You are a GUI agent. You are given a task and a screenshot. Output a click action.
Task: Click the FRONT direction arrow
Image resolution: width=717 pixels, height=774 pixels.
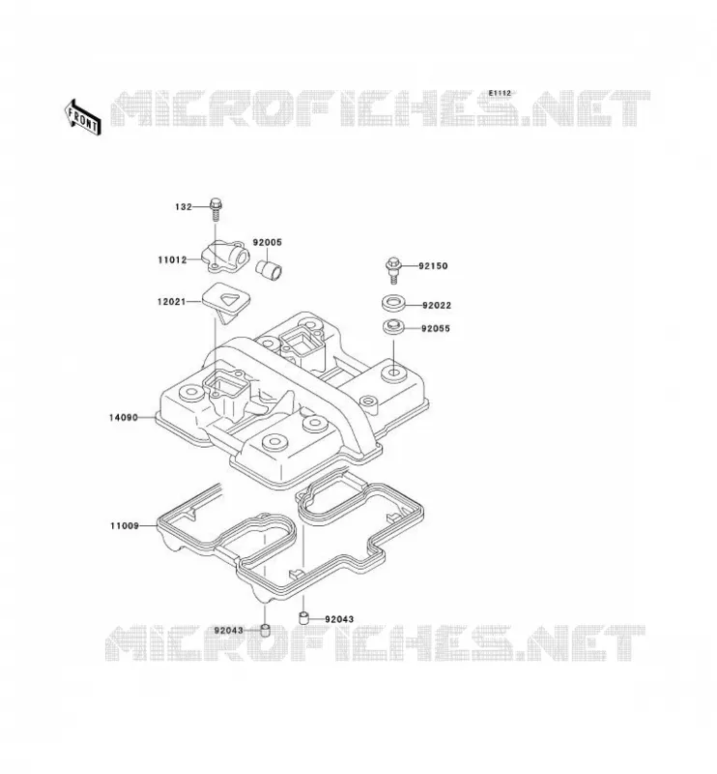[83, 117]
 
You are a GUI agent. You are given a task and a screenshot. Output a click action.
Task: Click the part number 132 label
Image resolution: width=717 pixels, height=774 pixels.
[183, 207]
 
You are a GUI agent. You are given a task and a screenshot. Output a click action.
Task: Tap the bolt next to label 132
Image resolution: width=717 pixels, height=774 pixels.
[216, 210]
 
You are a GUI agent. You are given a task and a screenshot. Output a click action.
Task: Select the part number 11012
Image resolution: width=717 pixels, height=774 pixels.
[172, 259]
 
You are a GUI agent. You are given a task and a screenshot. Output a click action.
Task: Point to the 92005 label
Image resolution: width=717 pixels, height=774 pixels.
[268, 243]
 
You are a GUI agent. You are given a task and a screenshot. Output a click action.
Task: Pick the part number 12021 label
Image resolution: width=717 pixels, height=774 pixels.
[172, 301]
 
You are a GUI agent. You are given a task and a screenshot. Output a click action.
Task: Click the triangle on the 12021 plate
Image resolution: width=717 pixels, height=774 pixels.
[229, 300]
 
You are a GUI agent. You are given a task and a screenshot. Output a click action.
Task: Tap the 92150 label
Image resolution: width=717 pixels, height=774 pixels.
[433, 266]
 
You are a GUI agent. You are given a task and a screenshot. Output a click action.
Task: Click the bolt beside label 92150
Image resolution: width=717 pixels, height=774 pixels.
[393, 270]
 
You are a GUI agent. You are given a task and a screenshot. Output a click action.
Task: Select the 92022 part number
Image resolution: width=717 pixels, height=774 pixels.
[437, 306]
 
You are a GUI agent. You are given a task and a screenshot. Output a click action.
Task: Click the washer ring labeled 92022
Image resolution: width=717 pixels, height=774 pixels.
[394, 303]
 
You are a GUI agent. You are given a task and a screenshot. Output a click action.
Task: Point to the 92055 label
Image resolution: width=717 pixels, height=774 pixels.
[436, 329]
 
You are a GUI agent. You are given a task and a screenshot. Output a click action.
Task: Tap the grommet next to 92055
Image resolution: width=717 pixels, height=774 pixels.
[394, 327]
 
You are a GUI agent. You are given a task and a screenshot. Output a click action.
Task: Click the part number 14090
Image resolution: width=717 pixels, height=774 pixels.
[124, 418]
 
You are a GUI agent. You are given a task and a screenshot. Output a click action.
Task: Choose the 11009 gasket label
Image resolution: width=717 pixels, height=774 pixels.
[125, 526]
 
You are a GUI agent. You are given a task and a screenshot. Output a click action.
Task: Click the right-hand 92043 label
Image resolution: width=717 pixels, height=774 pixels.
[339, 619]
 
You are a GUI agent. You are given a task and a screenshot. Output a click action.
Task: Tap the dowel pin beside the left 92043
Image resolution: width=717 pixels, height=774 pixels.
[266, 631]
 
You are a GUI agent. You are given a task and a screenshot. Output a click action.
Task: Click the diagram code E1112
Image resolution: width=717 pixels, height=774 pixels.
[500, 93]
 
